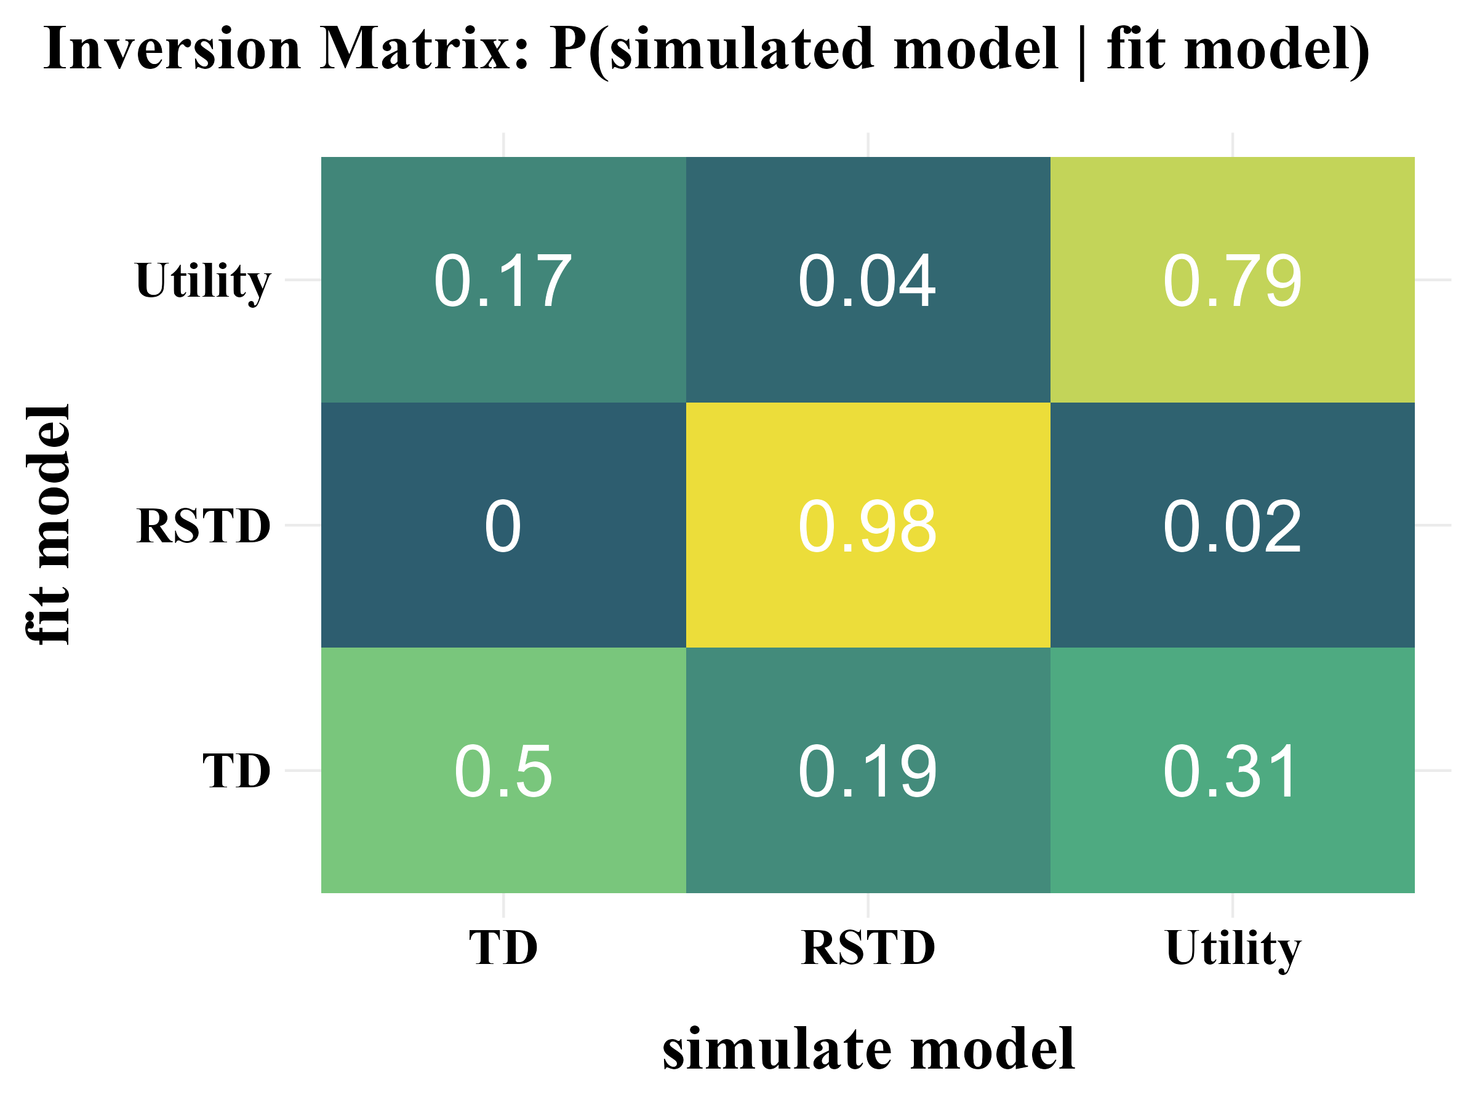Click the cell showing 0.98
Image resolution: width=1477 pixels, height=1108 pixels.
coord(867,526)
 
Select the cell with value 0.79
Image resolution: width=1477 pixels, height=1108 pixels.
coord(1232,281)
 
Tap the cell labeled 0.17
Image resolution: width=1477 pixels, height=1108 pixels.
coord(503,281)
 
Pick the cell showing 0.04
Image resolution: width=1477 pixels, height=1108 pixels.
coord(867,281)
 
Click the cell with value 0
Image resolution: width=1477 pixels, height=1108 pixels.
coord(503,526)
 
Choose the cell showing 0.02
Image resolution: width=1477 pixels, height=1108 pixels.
coord(1232,526)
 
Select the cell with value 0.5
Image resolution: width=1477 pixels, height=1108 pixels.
coord(503,771)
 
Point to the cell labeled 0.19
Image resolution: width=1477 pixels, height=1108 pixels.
coord(867,771)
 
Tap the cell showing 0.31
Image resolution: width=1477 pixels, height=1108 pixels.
coord(1232,771)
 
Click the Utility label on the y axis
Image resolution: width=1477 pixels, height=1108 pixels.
coord(203,282)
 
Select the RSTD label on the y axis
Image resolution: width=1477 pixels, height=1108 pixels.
coord(203,526)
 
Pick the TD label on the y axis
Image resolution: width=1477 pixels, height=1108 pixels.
coord(236,771)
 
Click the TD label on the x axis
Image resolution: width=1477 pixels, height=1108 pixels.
coord(503,949)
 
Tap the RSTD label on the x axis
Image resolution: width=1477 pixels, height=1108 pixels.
coord(867,949)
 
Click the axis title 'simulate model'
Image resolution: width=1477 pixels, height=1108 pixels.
coord(868,1050)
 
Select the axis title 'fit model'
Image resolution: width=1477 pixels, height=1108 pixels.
coord(48,526)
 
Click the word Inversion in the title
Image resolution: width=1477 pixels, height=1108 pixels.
coord(172,49)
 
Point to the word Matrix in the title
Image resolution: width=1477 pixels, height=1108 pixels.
coord(423,49)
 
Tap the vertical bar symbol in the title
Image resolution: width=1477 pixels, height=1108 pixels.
coord(1082,52)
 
